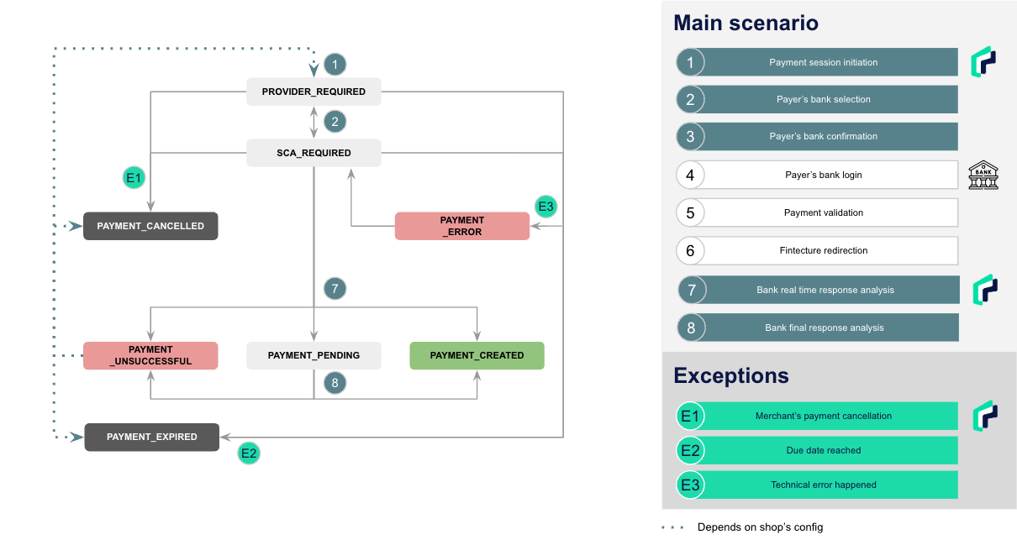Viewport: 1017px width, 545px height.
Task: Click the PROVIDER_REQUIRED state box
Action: (314, 92)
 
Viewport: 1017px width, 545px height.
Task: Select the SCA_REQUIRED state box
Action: (314, 153)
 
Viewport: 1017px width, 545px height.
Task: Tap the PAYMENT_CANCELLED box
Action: (150, 226)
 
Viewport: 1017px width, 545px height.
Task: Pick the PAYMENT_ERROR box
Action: (462, 226)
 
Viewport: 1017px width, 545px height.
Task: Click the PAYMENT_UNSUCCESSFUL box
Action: (150, 355)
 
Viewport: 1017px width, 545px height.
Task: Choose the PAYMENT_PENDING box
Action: (314, 355)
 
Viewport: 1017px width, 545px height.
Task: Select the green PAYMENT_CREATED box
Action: (477, 355)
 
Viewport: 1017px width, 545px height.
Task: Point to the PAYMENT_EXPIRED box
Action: (152, 437)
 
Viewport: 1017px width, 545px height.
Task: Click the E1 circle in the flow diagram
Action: (134, 177)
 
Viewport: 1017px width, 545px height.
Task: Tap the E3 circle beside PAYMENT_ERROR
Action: (545, 207)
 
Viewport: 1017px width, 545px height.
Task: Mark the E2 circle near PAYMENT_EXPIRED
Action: (249, 453)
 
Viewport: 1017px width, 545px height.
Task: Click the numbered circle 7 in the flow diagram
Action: (335, 289)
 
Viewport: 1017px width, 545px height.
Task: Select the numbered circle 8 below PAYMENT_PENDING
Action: (335, 383)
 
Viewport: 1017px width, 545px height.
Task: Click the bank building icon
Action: (983, 175)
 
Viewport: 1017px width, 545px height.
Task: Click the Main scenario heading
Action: (746, 23)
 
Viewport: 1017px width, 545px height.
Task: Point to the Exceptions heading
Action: (731, 375)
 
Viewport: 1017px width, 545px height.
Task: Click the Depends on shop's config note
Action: (760, 527)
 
